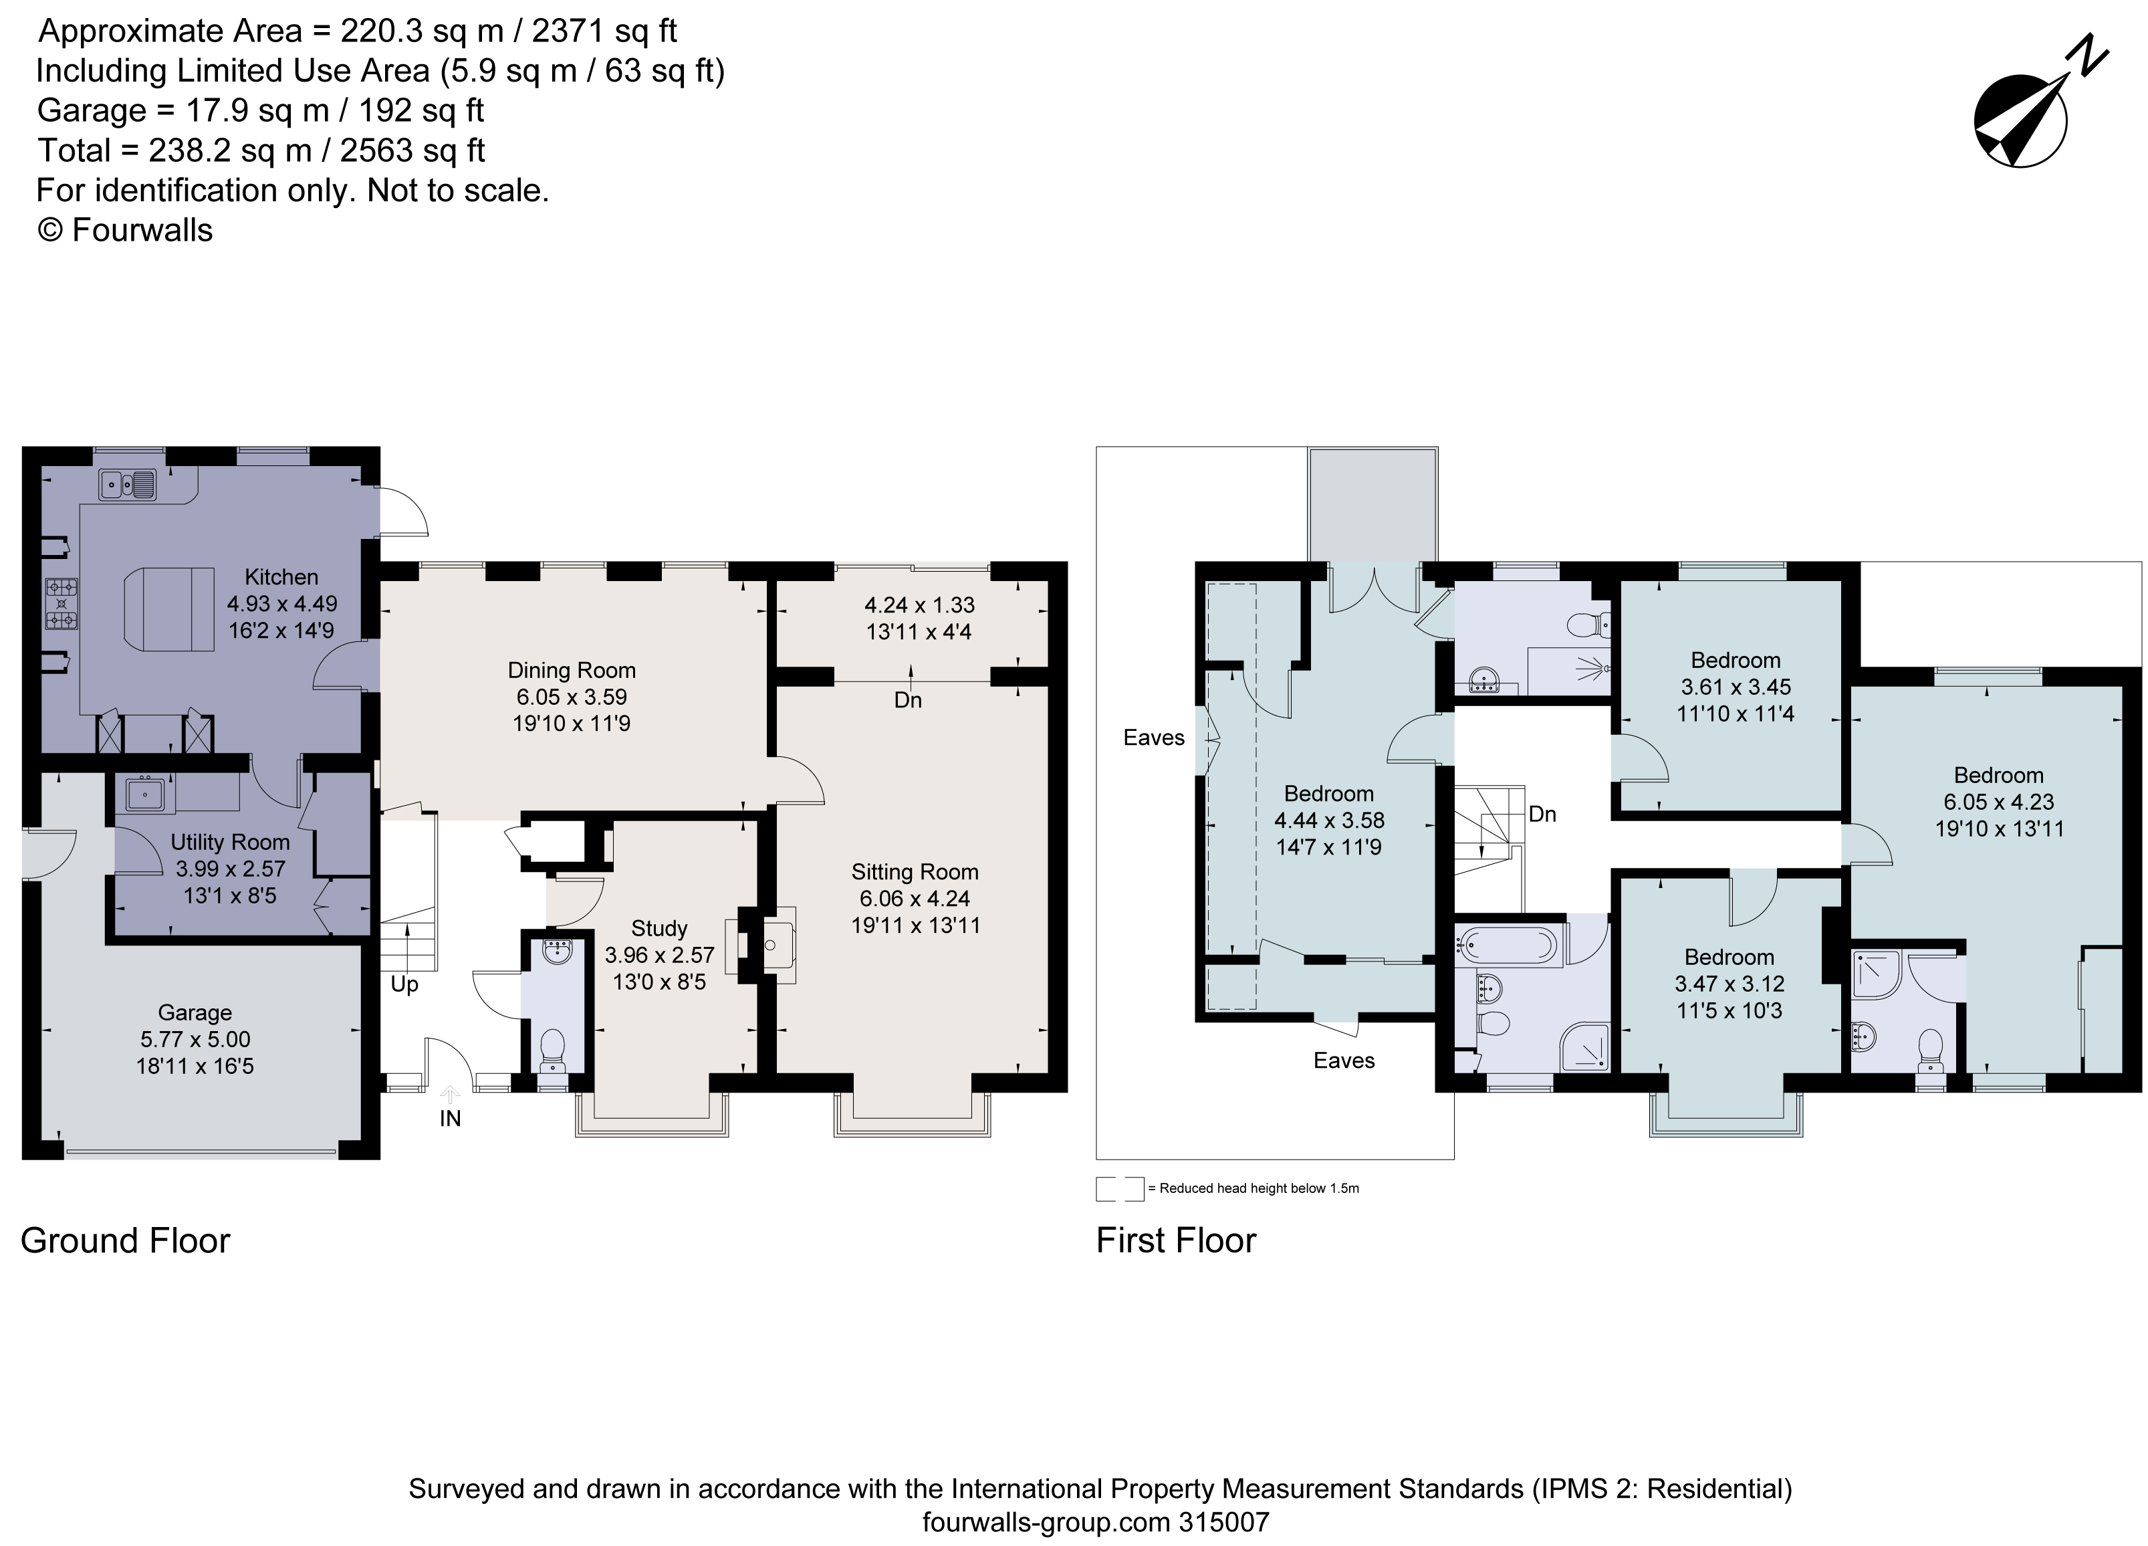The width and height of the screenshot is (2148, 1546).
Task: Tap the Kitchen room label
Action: [281, 577]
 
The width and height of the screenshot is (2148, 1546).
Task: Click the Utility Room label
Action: [230, 842]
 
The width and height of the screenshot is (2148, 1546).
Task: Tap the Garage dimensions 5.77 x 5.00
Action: [195, 1039]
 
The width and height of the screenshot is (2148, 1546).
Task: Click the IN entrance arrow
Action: [450, 1095]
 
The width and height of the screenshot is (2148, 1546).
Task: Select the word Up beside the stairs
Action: [404, 984]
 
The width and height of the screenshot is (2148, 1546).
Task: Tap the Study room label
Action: [659, 928]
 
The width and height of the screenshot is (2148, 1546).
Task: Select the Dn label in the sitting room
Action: [907, 700]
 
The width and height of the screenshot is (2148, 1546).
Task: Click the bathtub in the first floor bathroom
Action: [1509, 946]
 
